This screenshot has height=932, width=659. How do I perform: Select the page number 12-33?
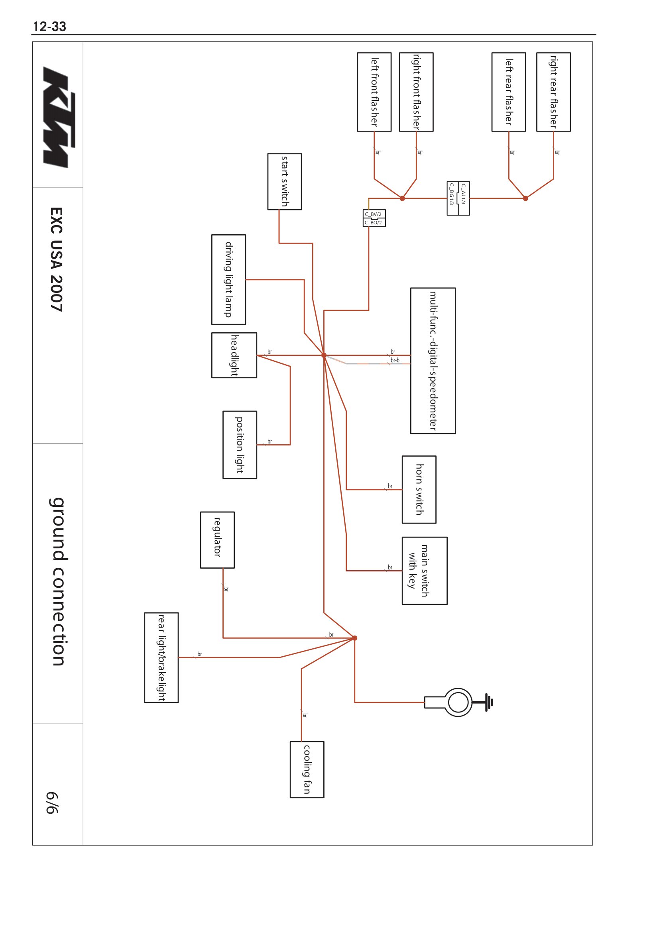[x=49, y=26]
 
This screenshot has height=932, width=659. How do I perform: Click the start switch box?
[x=284, y=181]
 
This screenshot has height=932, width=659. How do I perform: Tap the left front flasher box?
[x=374, y=92]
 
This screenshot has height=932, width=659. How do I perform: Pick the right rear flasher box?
[x=553, y=92]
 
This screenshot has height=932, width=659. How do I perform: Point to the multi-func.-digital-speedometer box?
[x=433, y=361]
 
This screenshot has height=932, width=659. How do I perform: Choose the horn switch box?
[x=419, y=489]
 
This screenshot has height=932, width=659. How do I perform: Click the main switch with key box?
[x=424, y=570]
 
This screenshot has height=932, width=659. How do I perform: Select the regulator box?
[x=217, y=540]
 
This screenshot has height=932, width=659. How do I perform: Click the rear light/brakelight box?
[x=161, y=657]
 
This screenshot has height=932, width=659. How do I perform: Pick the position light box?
[x=240, y=445]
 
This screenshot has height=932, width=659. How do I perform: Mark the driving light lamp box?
[x=228, y=279]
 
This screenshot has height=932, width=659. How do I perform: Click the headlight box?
[x=234, y=355]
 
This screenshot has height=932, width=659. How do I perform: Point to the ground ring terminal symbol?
[x=458, y=702]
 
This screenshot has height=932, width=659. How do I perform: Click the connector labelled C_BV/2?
[x=374, y=214]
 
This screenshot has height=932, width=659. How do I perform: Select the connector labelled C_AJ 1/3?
[x=464, y=198]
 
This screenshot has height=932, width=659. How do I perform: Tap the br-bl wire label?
[x=395, y=360]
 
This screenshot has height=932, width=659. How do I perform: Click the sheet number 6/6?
[x=52, y=803]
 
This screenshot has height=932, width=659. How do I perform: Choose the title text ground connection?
[x=58, y=581]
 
